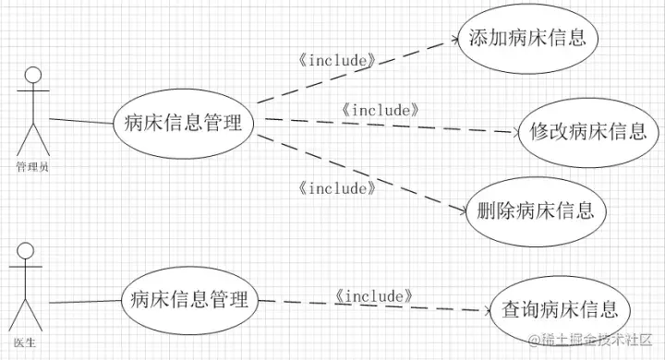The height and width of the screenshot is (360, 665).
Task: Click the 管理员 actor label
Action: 32,167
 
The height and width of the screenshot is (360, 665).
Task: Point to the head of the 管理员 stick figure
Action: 34,76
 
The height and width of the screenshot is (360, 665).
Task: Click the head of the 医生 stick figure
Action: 26,251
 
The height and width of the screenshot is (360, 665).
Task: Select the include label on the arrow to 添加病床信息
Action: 338,61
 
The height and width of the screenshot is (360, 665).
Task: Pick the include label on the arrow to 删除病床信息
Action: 338,188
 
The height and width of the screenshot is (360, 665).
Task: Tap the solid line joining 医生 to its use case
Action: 83,300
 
